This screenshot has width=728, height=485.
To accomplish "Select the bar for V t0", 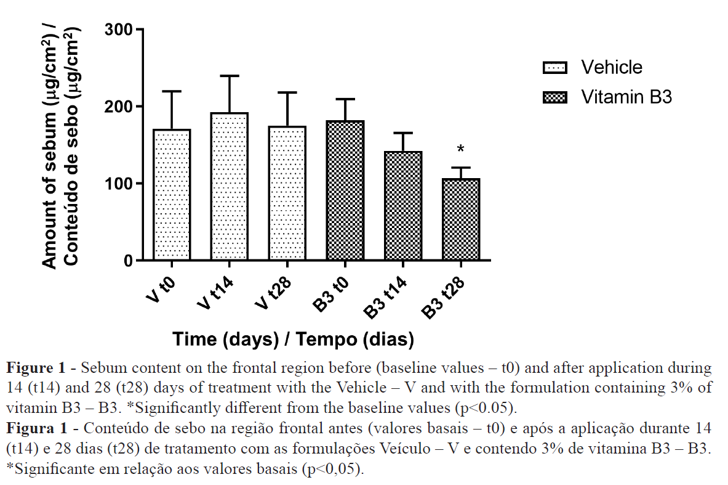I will click(172, 195).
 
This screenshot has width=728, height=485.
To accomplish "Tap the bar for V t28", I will click(287, 193).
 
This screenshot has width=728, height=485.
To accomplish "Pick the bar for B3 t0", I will click(345, 190).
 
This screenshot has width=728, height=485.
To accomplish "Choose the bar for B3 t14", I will click(403, 206).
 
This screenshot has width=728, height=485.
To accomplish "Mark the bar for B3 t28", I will click(460, 219).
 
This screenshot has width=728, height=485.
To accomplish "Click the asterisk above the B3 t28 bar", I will click(461, 150).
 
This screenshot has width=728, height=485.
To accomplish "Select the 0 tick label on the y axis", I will click(127, 261).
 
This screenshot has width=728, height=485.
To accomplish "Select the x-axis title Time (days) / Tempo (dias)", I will click(293, 340).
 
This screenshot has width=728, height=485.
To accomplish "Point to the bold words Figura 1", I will click(36, 428).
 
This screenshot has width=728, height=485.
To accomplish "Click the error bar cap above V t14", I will click(230, 76).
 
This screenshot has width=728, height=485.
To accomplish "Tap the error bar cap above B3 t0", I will click(345, 99).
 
